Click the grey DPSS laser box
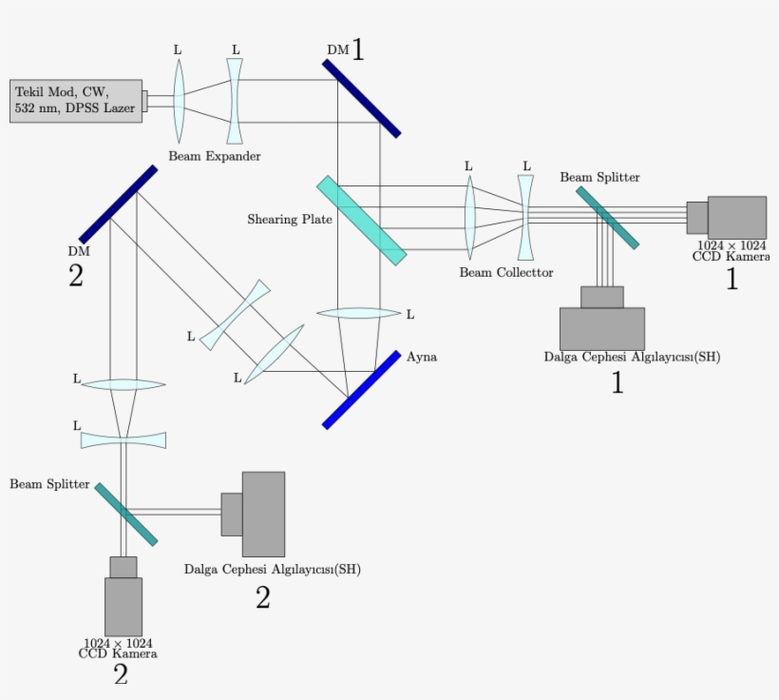[76, 100]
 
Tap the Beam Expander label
[215, 155]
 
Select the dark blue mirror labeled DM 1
[361, 98]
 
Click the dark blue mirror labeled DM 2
[118, 204]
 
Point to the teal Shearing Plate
[362, 220]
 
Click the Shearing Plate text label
[290, 220]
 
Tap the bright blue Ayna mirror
[361, 390]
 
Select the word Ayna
[422, 357]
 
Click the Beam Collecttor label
[500, 272]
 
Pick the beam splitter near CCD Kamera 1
[608, 216]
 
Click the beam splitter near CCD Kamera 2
[125, 514]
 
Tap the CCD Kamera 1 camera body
[735, 217]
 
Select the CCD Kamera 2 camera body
[123, 605]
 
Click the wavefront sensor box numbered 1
[601, 328]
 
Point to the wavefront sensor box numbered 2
[262, 514]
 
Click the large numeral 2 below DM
[76, 276]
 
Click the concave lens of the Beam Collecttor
[525, 216]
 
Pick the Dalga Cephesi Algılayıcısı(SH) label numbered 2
[272, 570]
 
